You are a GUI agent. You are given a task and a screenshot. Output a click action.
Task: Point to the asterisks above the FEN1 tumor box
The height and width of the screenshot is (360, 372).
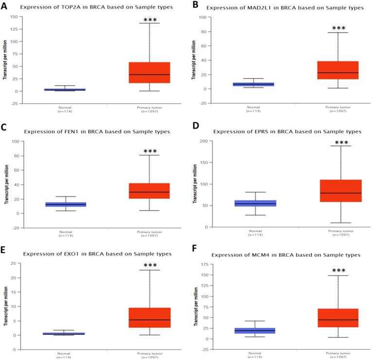click(149, 148)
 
